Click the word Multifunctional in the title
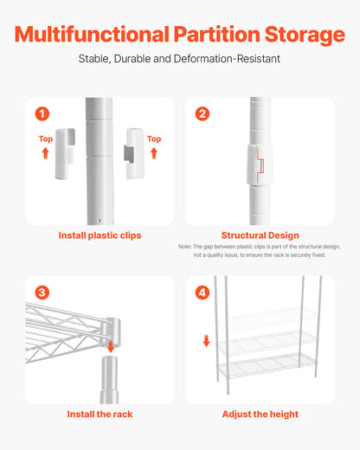(92, 35)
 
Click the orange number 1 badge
(42, 113)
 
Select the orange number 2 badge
(202, 113)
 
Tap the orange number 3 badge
(42, 292)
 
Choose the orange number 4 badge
(202, 292)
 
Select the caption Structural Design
(260, 235)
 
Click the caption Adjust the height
(260, 415)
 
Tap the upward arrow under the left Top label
(46, 153)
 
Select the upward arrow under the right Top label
(154, 153)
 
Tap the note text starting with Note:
(260, 251)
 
